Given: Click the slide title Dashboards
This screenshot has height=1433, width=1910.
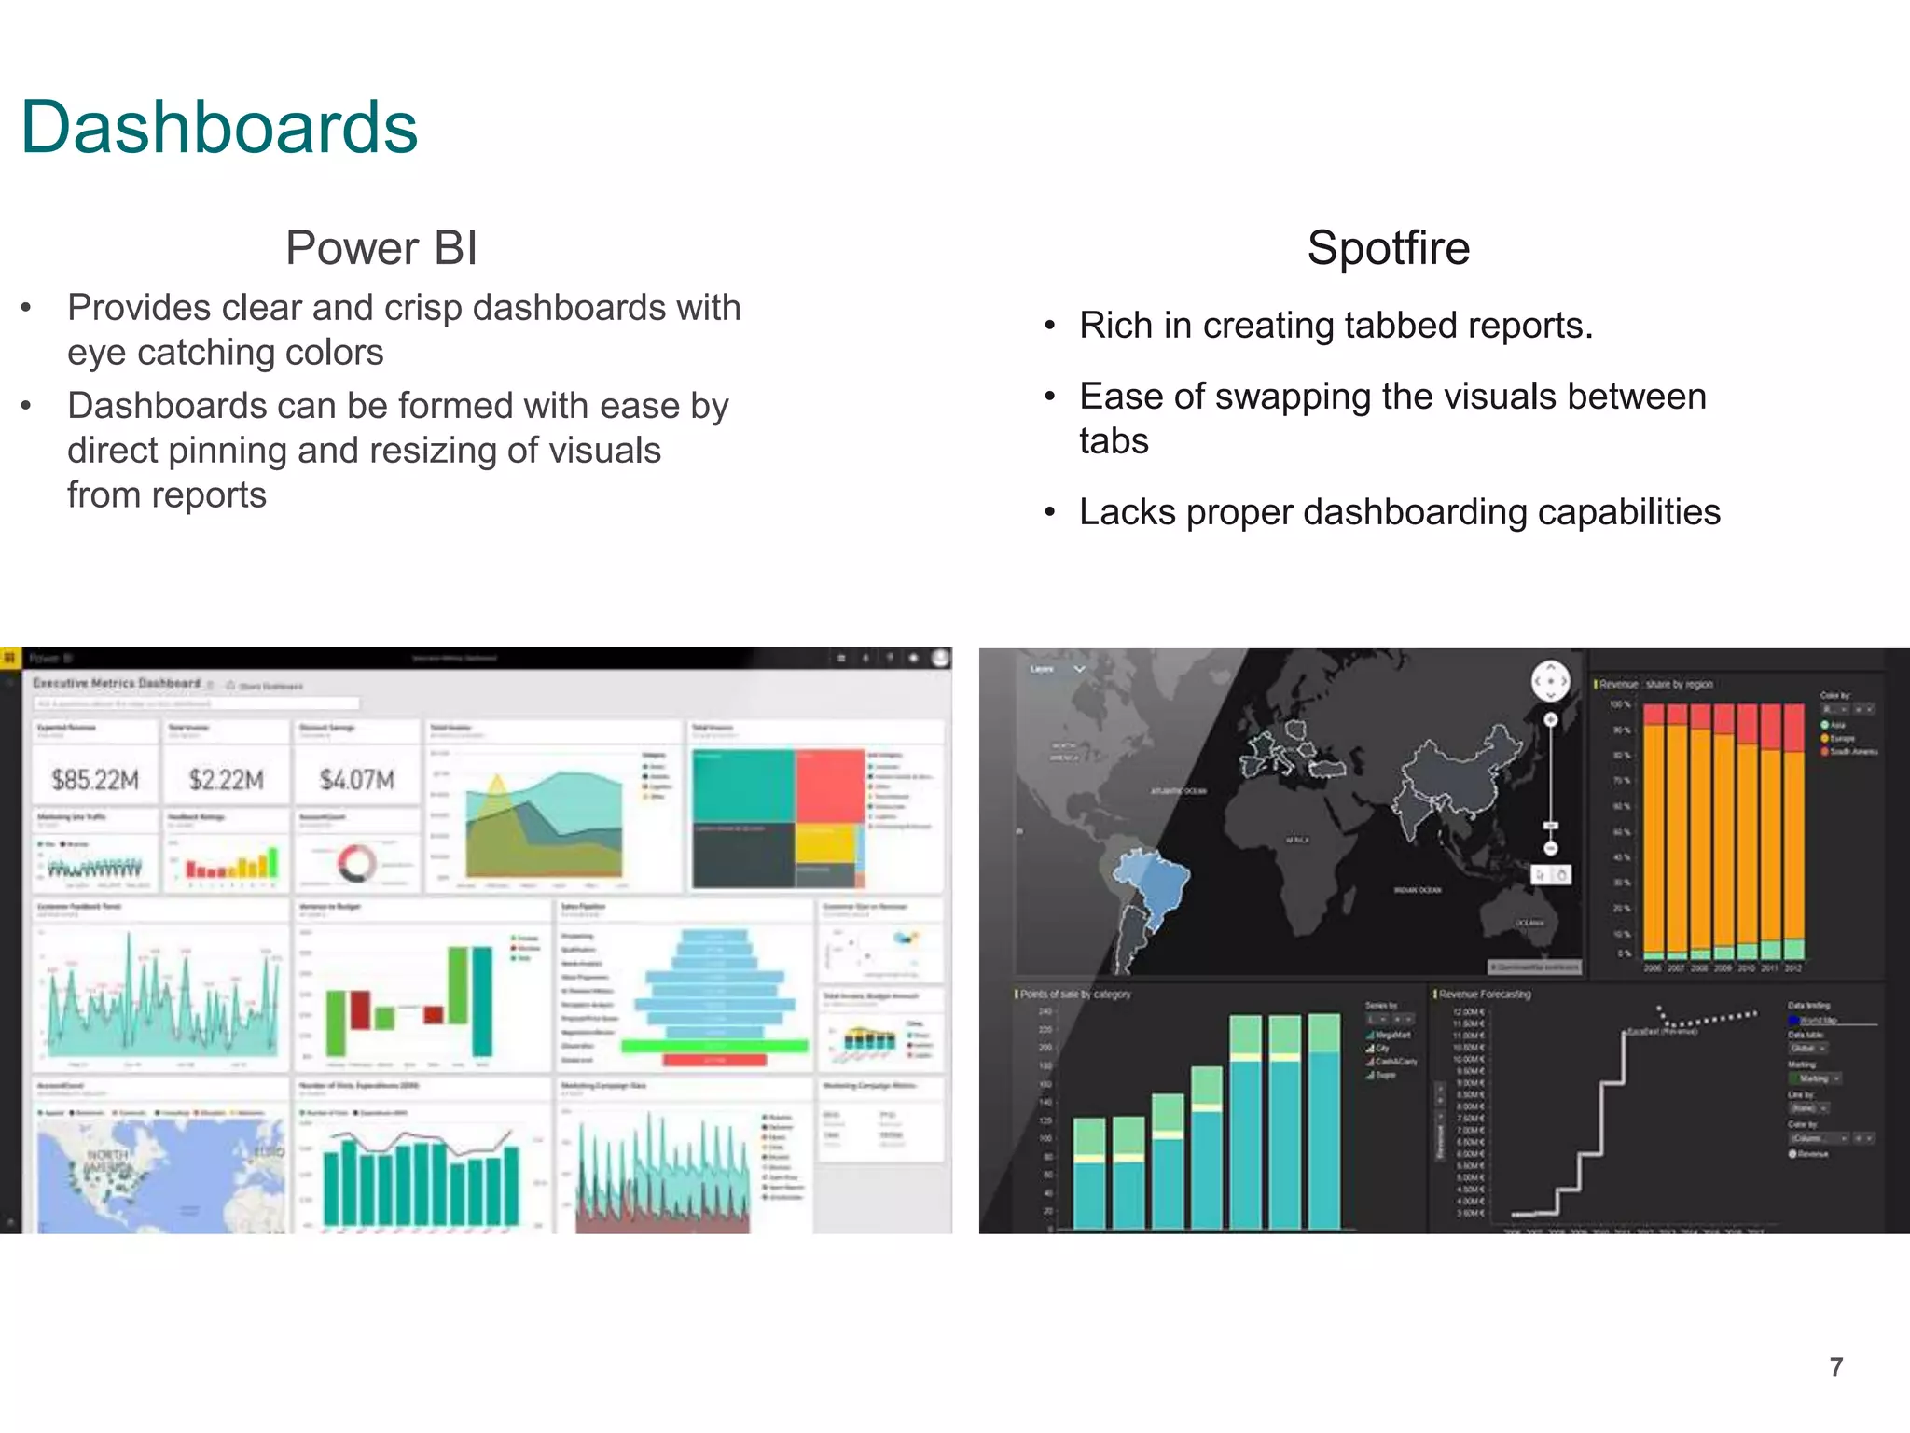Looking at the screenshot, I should tap(219, 128).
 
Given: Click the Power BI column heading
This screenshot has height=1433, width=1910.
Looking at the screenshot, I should tap(381, 248).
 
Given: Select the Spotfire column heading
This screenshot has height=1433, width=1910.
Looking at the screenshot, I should tap(1388, 248).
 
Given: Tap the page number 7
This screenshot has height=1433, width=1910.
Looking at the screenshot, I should tap(1835, 1368).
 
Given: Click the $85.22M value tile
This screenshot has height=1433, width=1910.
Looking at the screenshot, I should tap(95, 779).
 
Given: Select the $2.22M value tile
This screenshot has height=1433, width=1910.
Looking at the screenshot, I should tap(226, 779).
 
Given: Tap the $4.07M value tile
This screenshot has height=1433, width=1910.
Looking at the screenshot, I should tap(356, 779).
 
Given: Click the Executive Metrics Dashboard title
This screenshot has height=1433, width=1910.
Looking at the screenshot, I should tap(117, 683).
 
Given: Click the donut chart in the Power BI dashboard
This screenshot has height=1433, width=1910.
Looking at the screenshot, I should tap(356, 863).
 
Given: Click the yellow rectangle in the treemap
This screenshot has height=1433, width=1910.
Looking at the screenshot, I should tap(824, 845).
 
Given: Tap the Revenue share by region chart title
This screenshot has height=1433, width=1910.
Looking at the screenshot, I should tap(1656, 684).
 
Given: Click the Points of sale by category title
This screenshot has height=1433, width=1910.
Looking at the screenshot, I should tap(1075, 995).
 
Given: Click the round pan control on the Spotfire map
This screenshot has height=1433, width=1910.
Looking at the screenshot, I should tap(1551, 681).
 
